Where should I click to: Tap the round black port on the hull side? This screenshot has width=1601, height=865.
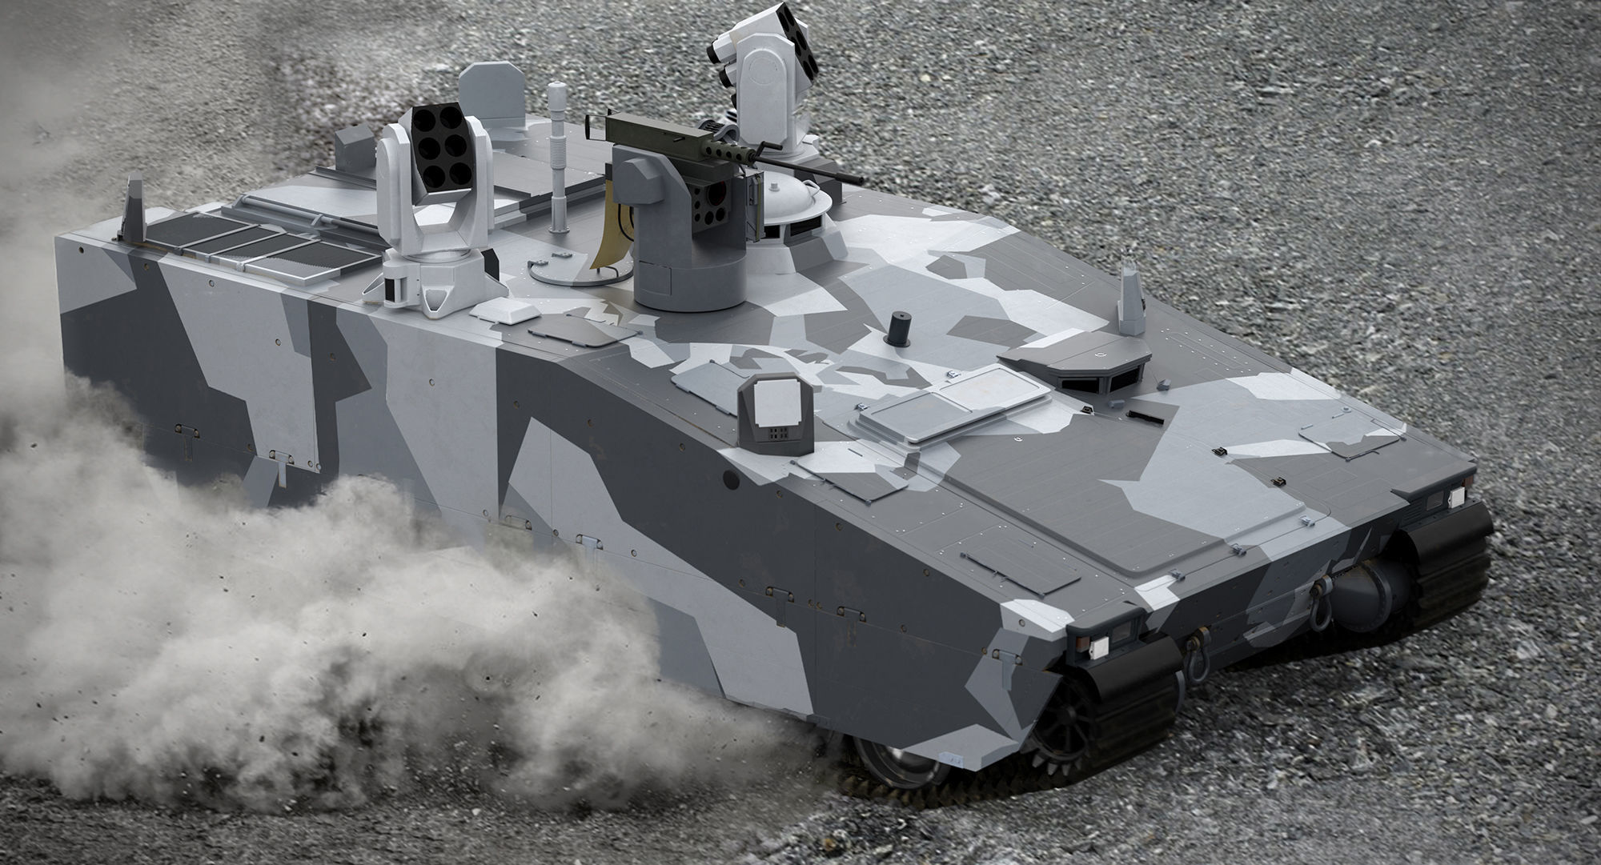click(731, 479)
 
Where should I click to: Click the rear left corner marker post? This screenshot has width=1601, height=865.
click(133, 210)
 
